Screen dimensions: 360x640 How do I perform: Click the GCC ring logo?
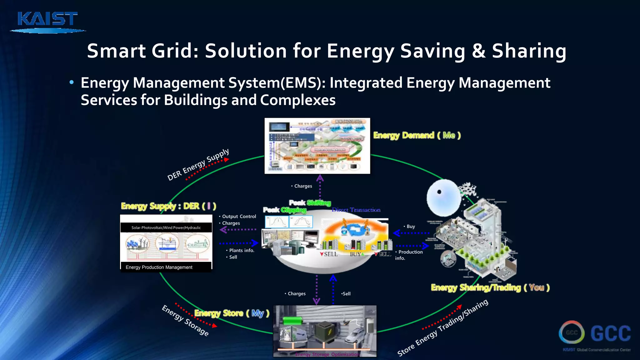coord(572,332)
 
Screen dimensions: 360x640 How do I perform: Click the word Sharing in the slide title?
coord(529,51)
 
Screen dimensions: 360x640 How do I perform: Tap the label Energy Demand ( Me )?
coord(417,135)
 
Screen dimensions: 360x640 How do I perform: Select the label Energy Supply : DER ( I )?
coord(168,206)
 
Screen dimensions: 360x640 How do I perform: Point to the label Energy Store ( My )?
coord(232,313)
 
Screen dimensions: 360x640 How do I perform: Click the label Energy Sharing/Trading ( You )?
coord(490,287)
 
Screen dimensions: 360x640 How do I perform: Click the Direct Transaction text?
coord(356,210)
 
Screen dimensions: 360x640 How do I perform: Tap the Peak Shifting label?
coord(310,203)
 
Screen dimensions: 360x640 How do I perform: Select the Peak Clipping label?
coord(284,210)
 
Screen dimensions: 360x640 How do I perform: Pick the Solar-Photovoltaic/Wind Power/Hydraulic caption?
coord(166,227)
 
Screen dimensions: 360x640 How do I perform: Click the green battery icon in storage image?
coord(292,321)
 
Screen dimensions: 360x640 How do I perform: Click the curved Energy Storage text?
coord(185,320)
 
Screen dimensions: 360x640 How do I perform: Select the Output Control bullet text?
coord(239,217)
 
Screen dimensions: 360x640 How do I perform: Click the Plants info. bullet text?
coord(241,250)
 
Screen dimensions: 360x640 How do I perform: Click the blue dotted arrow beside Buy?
coord(411,233)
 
